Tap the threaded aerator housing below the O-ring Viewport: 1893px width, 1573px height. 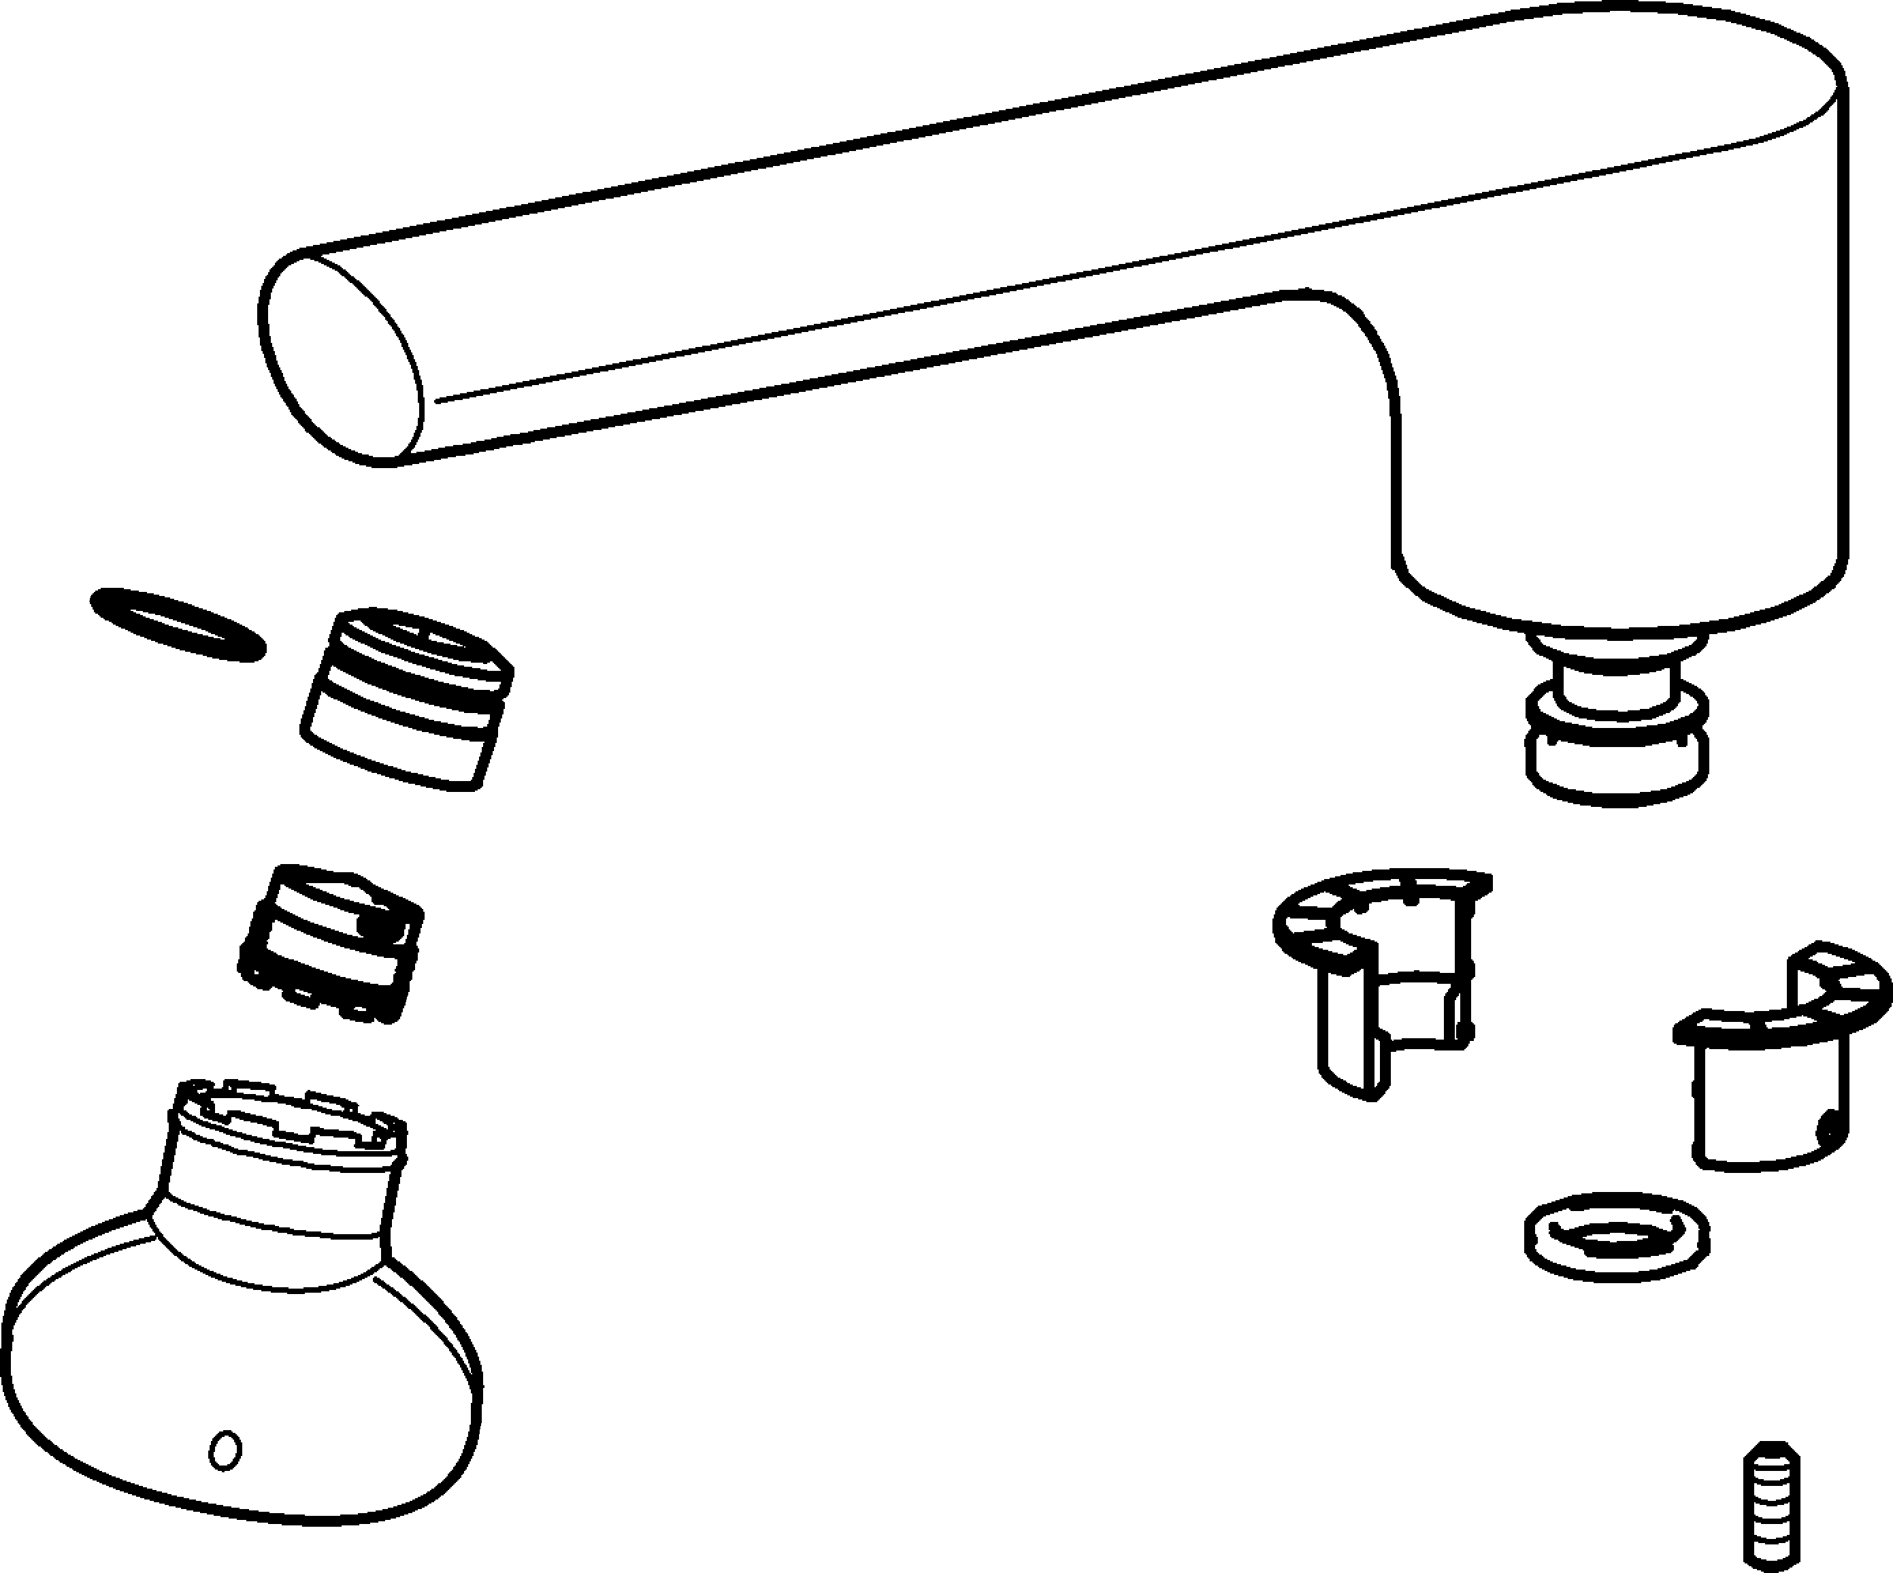406,703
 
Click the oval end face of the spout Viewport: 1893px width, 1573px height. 342,361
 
